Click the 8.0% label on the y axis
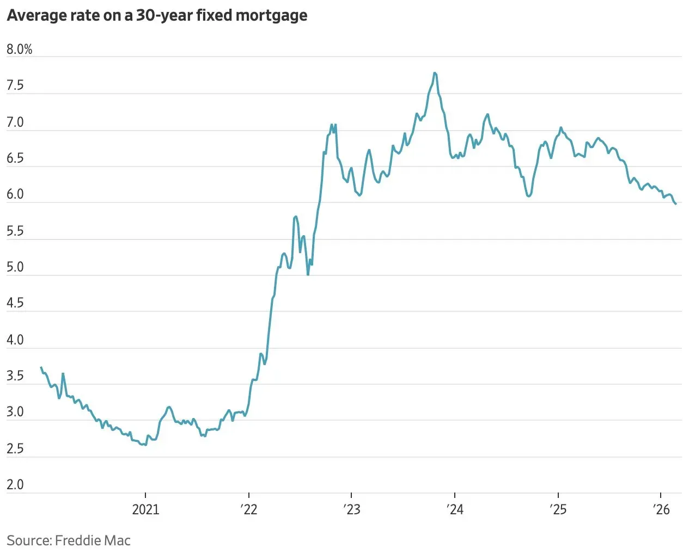[20, 50]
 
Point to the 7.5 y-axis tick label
[15, 85]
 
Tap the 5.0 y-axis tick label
[15, 267]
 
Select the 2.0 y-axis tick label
[15, 484]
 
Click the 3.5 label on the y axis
[15, 376]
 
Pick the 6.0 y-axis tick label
[15, 194]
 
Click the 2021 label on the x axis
[145, 509]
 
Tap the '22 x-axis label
[249, 509]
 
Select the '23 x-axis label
[352, 509]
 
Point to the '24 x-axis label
[455, 509]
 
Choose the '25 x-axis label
[558, 509]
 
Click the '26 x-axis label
[661, 509]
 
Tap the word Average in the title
[36, 16]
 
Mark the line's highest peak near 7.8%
[435, 73]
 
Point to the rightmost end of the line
[676, 204]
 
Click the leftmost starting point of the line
[41, 368]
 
